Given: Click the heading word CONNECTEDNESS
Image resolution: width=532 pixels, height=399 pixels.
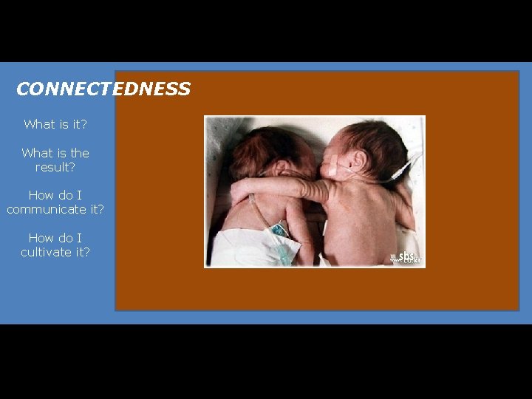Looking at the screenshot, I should point(103,89).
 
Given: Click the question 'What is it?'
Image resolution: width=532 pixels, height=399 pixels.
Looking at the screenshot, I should point(55,124).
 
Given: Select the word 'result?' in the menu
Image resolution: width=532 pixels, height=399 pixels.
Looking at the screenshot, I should point(55,167).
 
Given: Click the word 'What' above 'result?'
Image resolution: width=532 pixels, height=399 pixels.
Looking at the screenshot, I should point(36,153).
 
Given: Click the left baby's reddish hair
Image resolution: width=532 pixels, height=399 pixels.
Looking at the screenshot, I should point(270,148).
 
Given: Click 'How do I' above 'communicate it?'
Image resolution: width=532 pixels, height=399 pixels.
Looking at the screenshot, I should point(55,195).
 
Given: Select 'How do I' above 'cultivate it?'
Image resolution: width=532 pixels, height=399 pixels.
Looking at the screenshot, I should point(55,238).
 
